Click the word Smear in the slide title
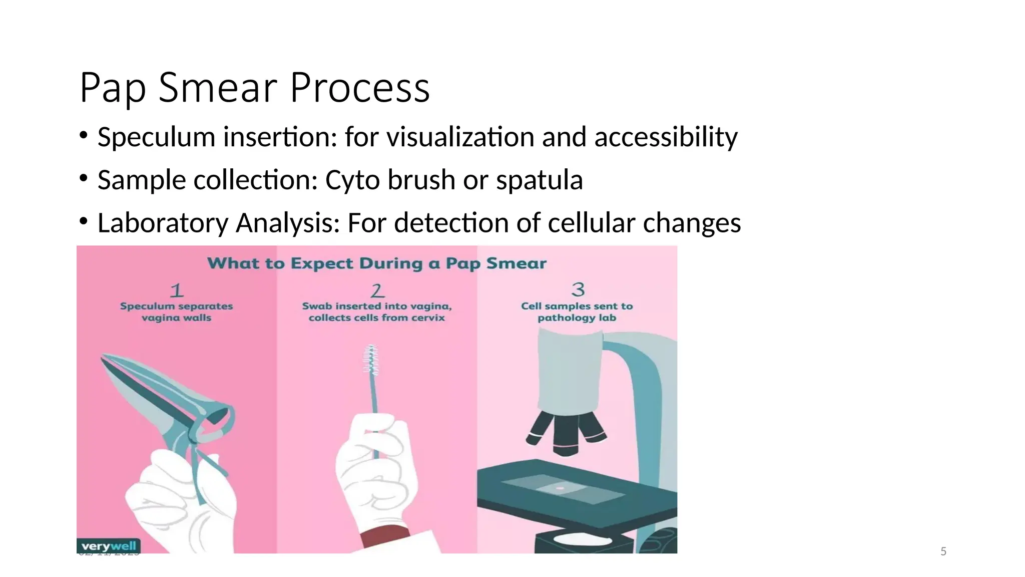coord(218,88)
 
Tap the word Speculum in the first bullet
coord(156,137)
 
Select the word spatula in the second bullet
coord(539,180)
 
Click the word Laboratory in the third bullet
coord(163,223)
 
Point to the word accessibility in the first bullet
coord(666,137)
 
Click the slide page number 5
coord(943,551)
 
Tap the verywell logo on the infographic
coord(109,546)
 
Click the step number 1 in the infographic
coord(177,291)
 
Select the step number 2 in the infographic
coord(377,291)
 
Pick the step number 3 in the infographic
coord(578,290)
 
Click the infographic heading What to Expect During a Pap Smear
coord(376,263)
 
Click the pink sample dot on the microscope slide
coord(560,488)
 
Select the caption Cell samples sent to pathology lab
coord(577,312)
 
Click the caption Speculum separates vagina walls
coord(176,312)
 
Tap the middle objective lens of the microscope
coord(566,436)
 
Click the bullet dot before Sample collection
coord(83,178)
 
